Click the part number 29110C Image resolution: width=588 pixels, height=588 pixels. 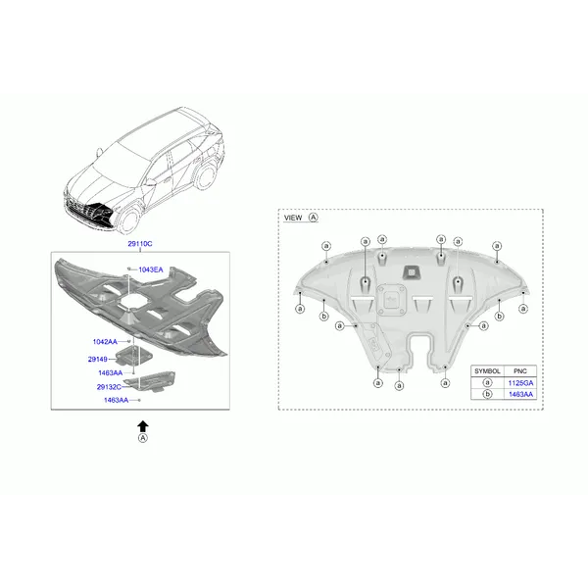[x=140, y=244]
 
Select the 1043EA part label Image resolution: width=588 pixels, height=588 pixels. [x=151, y=269]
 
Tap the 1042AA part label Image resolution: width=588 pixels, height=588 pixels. [x=105, y=342]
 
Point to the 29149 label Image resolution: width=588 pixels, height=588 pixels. [x=97, y=360]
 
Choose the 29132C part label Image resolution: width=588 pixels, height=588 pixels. [x=109, y=387]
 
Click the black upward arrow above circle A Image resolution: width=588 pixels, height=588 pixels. [x=143, y=426]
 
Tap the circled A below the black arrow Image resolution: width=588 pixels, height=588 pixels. [x=143, y=438]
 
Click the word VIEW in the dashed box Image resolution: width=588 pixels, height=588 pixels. [x=293, y=218]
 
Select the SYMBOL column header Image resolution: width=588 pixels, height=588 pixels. [x=487, y=370]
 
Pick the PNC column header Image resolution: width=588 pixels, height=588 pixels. [x=520, y=370]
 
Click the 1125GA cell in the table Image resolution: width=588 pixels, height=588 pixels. [x=520, y=383]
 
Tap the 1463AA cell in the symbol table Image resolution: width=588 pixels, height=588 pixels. [x=520, y=394]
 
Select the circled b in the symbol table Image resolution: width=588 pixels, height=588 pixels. [x=487, y=394]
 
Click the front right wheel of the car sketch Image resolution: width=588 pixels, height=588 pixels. [x=128, y=220]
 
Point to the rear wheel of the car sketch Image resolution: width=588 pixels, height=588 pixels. [x=206, y=176]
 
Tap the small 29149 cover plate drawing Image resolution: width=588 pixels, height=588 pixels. [x=134, y=357]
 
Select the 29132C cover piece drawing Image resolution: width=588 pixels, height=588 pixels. [x=150, y=381]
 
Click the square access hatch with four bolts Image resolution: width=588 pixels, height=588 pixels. [x=391, y=300]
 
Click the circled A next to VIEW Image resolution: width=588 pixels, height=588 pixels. [x=313, y=218]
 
